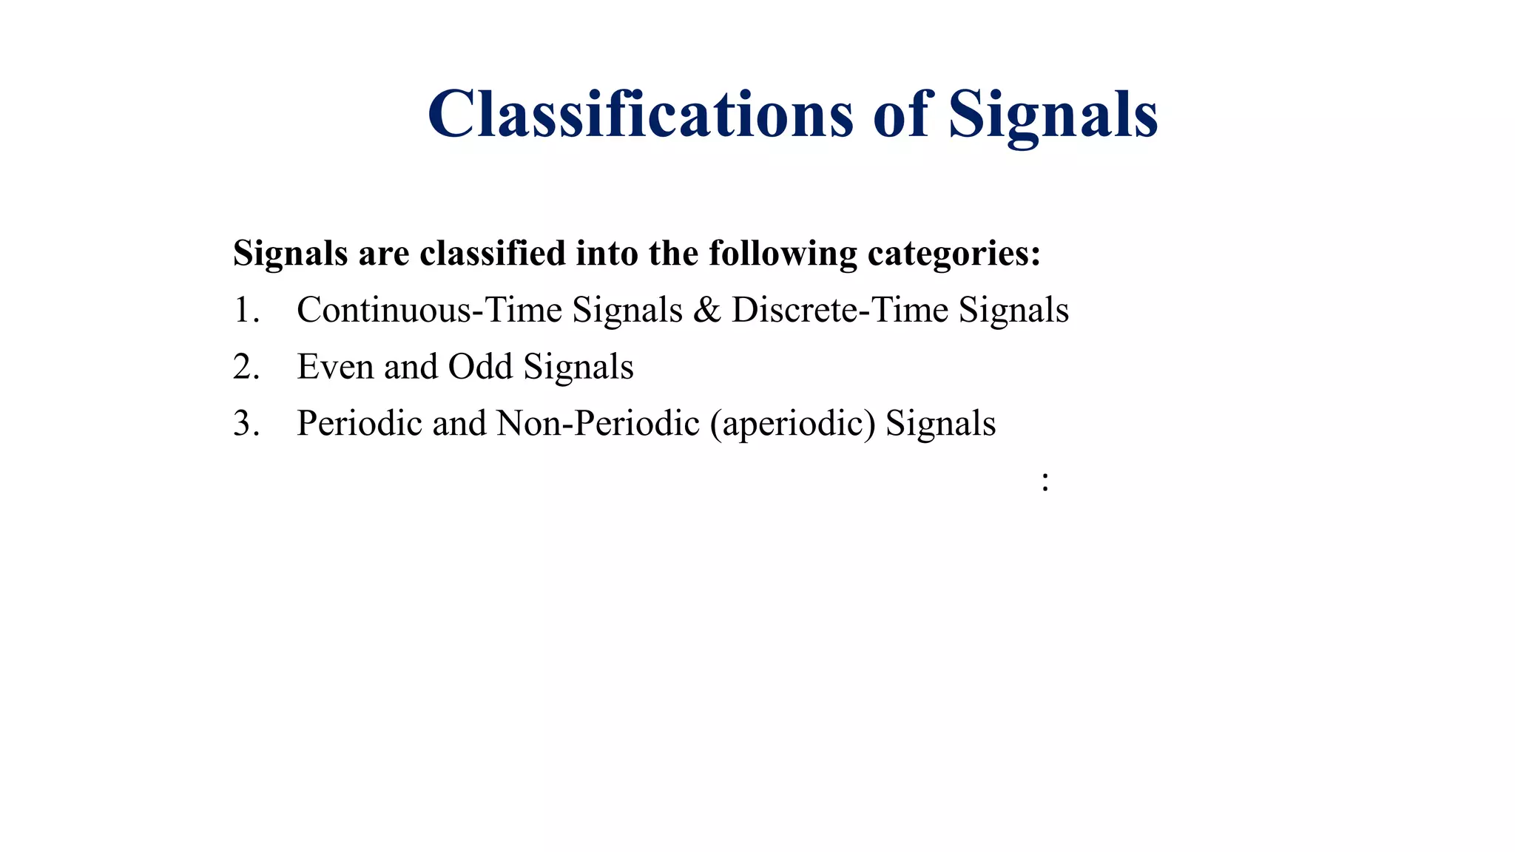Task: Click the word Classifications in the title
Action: tap(640, 115)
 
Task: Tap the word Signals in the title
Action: tap(1053, 115)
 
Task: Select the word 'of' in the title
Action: tap(900, 115)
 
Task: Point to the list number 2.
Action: tap(246, 367)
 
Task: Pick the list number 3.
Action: tap(246, 424)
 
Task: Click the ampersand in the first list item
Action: tap(706, 310)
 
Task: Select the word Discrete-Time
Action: tap(840, 310)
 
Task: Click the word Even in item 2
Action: tap(335, 367)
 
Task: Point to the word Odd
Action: tap(481, 367)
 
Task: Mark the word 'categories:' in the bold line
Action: tap(954, 254)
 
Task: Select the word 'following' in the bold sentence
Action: tap(783, 254)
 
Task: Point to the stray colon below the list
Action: tap(1045, 481)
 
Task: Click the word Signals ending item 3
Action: tap(940, 424)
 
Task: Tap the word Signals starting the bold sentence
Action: tap(290, 254)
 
